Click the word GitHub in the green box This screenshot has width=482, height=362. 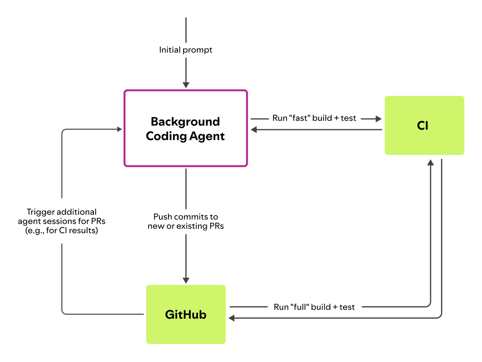click(186, 315)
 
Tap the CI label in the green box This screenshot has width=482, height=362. click(423, 126)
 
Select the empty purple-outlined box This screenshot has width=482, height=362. click(186, 128)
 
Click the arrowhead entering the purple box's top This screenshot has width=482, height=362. click(186, 85)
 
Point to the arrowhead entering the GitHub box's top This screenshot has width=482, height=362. click(186, 281)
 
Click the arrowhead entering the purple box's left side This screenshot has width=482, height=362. click(119, 129)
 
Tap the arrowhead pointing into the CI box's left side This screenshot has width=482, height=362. click(378, 119)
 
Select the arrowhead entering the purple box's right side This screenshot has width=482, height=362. click(254, 130)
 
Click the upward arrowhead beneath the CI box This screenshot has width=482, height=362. click(431, 162)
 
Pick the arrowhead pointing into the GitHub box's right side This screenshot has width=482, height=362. click(231, 318)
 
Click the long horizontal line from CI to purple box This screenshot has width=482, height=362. click(317, 130)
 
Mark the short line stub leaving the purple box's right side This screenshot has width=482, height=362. click(259, 119)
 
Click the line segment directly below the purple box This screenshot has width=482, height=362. click(186, 189)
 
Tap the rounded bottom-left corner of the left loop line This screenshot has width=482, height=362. click(63, 312)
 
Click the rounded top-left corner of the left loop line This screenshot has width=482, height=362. click(63, 131)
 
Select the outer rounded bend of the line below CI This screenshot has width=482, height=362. click(440, 316)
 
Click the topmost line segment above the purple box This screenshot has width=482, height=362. click(186, 30)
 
